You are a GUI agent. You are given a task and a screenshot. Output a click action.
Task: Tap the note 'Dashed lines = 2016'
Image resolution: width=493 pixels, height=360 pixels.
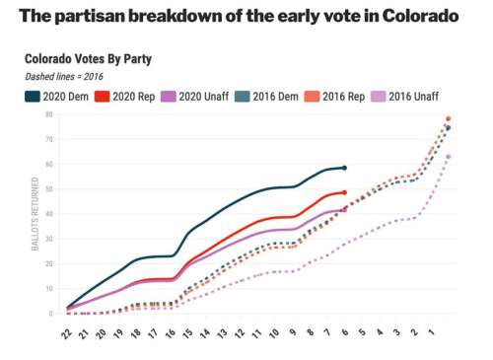click(65, 77)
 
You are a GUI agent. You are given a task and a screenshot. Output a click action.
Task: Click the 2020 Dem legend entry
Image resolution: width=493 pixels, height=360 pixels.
click(60, 97)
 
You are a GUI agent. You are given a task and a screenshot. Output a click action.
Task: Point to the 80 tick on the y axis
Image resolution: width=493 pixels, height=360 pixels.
click(48, 114)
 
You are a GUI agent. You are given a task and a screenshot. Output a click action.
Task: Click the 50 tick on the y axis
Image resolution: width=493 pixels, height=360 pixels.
click(48, 189)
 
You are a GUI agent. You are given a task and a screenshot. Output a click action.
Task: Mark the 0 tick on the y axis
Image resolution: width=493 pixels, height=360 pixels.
click(50, 314)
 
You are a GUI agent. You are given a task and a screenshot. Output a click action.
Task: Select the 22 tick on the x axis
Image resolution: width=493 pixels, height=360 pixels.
click(66, 335)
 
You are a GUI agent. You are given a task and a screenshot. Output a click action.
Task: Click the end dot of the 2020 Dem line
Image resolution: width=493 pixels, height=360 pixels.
click(344, 168)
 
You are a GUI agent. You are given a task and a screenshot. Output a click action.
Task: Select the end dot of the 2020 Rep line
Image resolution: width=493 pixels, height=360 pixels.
click(344, 192)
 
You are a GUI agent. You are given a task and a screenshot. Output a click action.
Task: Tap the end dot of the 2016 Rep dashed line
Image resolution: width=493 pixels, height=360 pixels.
click(448, 118)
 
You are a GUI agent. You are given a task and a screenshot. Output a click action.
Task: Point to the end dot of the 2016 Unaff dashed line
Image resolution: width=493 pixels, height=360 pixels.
click(448, 157)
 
